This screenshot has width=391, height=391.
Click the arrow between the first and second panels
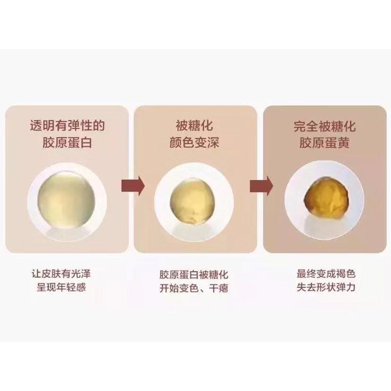[x=133, y=186]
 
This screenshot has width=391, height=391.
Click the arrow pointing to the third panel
[x=261, y=186]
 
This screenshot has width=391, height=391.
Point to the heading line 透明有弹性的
[x=67, y=126]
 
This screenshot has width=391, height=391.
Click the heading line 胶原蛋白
[x=67, y=143]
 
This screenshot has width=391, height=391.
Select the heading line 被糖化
[x=194, y=126]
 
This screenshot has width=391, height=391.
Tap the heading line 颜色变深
[x=194, y=143]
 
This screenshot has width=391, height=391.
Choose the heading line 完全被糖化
[x=324, y=126]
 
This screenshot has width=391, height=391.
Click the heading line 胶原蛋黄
[x=324, y=143]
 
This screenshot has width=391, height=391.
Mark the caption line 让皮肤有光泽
[x=61, y=274]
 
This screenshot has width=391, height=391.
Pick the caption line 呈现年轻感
[x=61, y=287]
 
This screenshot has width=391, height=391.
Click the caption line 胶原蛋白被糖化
[x=194, y=274]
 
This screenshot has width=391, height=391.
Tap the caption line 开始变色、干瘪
[x=194, y=288]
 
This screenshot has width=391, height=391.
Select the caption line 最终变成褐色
[x=326, y=273]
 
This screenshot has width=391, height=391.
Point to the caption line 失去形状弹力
[x=326, y=287]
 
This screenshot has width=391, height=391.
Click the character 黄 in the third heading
[x=343, y=143]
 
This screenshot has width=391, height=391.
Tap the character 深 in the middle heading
[x=213, y=143]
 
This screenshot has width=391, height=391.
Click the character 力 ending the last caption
[x=350, y=287]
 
